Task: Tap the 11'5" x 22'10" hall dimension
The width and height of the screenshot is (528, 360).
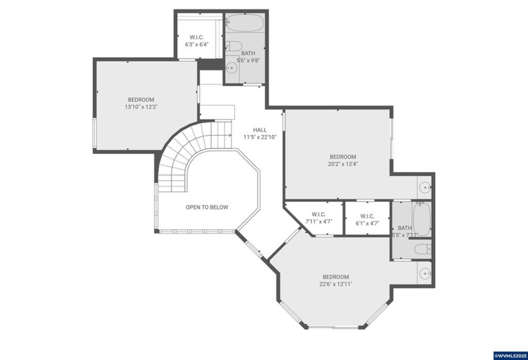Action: tap(260, 136)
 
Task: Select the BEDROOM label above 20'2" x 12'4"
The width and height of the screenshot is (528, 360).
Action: tap(343, 156)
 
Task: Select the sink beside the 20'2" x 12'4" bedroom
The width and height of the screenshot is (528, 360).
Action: tap(425, 187)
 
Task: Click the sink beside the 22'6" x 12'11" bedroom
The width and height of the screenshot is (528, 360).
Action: tap(425, 273)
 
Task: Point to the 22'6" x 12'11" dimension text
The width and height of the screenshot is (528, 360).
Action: tap(336, 284)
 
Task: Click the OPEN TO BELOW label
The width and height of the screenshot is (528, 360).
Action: tap(207, 207)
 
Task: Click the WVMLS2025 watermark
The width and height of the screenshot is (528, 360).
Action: tap(510, 355)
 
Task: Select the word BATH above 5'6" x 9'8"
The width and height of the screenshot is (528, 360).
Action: tap(248, 53)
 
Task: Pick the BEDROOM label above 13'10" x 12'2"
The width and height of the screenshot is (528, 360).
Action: tap(141, 99)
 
